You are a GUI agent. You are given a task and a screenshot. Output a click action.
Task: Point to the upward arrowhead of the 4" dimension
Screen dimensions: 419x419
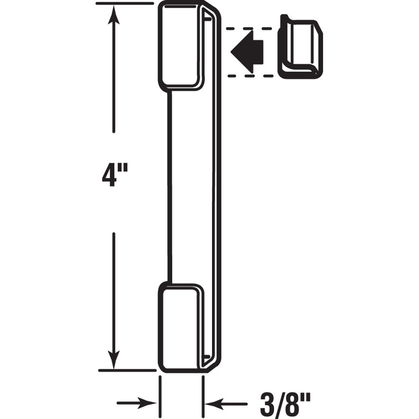[114, 17]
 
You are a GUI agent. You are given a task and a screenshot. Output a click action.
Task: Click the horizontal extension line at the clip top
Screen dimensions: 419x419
[125, 3]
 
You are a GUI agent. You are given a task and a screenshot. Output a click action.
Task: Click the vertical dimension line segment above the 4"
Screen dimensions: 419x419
[114, 78]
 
